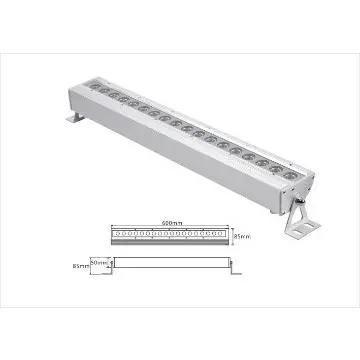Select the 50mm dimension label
(98, 262)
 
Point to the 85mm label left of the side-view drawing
(79, 266)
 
